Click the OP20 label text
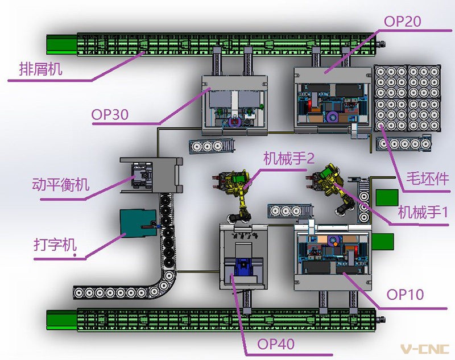point(403,22)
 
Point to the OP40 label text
point(275,344)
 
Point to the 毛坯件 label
point(426,179)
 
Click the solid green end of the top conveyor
point(61,44)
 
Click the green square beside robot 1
point(387,197)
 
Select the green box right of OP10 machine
point(384,241)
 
